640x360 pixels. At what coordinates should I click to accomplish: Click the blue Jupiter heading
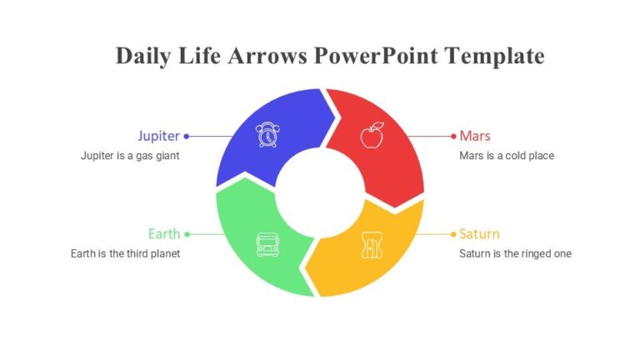[158, 136]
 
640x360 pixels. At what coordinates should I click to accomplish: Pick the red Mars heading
[475, 136]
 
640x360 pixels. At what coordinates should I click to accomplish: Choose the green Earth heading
[164, 234]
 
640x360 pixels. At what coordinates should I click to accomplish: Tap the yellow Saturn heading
[479, 234]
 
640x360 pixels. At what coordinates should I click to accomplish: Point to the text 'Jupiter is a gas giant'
[130, 156]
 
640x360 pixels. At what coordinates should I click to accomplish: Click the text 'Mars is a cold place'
[507, 156]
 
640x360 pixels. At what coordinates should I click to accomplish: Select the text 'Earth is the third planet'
[125, 254]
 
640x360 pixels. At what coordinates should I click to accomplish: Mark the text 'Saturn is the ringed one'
[515, 254]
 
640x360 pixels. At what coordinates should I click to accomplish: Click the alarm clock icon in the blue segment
[267, 135]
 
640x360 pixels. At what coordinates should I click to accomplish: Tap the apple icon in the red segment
[372, 135]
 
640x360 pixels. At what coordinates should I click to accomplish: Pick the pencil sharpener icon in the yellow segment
[372, 245]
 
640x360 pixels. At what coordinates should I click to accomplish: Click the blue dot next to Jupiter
[186, 136]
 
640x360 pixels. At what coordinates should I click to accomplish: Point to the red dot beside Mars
[452, 136]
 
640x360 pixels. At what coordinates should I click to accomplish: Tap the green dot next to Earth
[187, 234]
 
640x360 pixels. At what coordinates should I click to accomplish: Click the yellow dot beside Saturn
[452, 234]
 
